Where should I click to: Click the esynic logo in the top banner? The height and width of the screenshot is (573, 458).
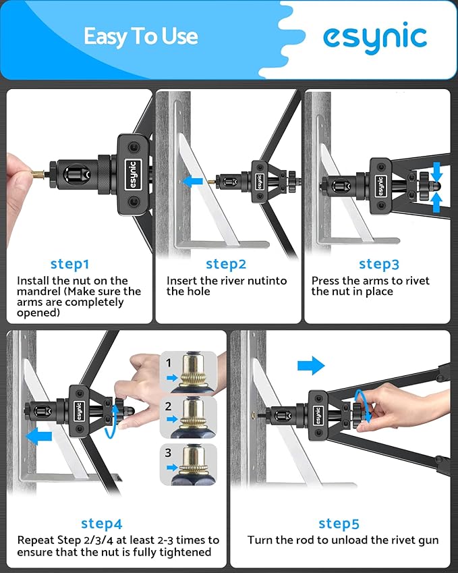pos(375,38)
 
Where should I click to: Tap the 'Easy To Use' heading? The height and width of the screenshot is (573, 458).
pos(141,37)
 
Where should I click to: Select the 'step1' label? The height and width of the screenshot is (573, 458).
pos(69,264)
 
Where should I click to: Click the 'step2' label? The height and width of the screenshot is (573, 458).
pos(226,264)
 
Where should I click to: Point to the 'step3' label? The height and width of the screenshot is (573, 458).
pos(379,264)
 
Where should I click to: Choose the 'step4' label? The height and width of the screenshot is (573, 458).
pos(102,523)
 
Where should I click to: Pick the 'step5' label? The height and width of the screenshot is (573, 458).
pos(339,523)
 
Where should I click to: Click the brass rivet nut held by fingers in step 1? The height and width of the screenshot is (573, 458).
pos(38,174)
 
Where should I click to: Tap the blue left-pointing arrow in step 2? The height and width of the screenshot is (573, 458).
pos(193,181)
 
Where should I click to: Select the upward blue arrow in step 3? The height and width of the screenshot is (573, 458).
pos(436,202)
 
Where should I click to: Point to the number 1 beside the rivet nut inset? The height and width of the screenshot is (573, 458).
pos(169,363)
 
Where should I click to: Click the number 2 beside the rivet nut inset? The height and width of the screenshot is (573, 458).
pos(168,406)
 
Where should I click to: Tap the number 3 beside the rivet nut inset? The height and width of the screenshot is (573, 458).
pos(168,453)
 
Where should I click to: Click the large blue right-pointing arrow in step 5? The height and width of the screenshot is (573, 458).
pos(311,365)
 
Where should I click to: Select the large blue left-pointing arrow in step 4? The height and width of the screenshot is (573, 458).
pos(38,436)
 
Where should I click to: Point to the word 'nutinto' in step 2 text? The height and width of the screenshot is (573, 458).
pos(268,281)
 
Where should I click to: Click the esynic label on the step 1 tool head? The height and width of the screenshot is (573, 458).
pos(133,175)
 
